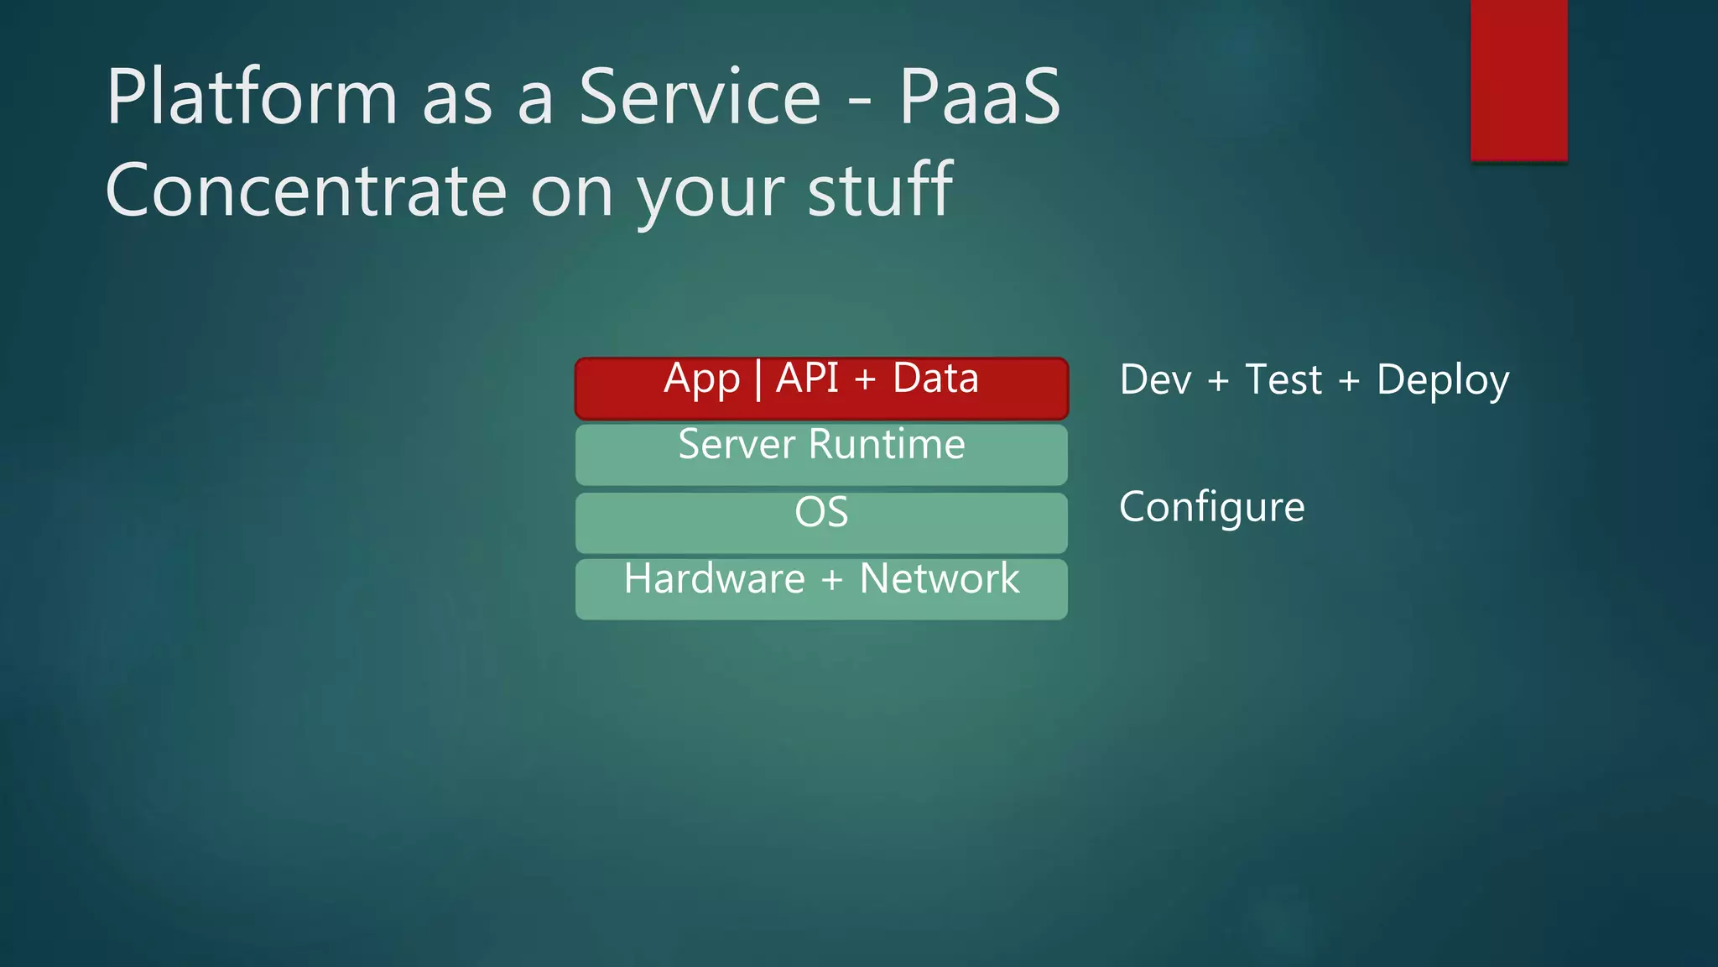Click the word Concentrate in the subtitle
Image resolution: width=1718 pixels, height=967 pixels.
pos(305,191)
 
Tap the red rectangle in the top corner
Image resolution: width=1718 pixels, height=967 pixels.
pos(1518,80)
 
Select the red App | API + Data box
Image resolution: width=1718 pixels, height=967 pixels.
pos(821,389)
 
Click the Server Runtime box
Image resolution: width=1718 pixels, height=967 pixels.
pos(821,455)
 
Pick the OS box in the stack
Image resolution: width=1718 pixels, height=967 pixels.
pos(821,523)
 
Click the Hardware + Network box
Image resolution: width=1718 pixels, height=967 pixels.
pos(821,589)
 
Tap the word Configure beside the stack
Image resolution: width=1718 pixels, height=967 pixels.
pos(1211,508)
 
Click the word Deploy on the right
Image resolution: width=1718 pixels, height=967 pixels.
pos(1443,380)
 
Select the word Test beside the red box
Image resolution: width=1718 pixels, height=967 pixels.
pos(1283,379)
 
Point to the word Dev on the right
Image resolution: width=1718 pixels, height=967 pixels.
pos(1155,379)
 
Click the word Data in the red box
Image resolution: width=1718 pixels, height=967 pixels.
pos(935,378)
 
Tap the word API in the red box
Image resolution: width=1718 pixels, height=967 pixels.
pos(807,378)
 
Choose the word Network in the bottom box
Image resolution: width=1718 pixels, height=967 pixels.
pos(940,579)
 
